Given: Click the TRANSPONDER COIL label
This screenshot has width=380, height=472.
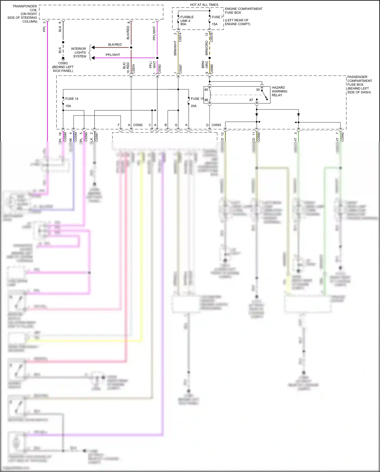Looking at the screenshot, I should click(25, 8).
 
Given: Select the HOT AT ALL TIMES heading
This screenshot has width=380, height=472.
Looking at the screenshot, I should click(204, 5).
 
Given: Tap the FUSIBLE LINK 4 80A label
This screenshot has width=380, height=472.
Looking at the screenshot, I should click(187, 21).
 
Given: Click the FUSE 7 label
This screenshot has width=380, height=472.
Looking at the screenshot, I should click(217, 17).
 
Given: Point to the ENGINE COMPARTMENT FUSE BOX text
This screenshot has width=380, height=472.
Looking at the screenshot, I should click(243, 11).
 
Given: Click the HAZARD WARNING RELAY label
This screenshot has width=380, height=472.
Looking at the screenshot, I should click(279, 91).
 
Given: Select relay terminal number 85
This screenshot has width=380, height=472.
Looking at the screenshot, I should click(206, 90).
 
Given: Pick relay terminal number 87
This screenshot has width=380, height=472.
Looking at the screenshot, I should click(251, 100).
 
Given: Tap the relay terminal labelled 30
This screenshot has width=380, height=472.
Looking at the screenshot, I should click(258, 90).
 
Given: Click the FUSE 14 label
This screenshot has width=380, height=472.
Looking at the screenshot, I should click(72, 99).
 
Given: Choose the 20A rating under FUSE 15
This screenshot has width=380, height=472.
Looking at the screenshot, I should click(194, 106).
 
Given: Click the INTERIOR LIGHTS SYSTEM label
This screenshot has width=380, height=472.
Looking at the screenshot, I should click(79, 53).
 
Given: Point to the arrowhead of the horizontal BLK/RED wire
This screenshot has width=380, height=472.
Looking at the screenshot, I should click(93, 47).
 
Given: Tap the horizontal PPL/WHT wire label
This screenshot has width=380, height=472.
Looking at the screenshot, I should click(113, 55).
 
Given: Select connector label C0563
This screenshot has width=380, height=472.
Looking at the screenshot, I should click(63, 63).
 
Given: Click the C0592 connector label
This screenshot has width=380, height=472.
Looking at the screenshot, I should click(138, 125).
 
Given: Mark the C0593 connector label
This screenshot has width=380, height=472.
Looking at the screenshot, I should click(216, 125).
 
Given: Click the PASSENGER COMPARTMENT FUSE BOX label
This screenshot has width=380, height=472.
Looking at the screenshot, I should click(359, 84).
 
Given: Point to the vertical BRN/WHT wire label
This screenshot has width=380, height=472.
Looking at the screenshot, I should click(175, 48).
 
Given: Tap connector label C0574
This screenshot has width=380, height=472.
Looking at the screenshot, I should click(180, 37).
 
